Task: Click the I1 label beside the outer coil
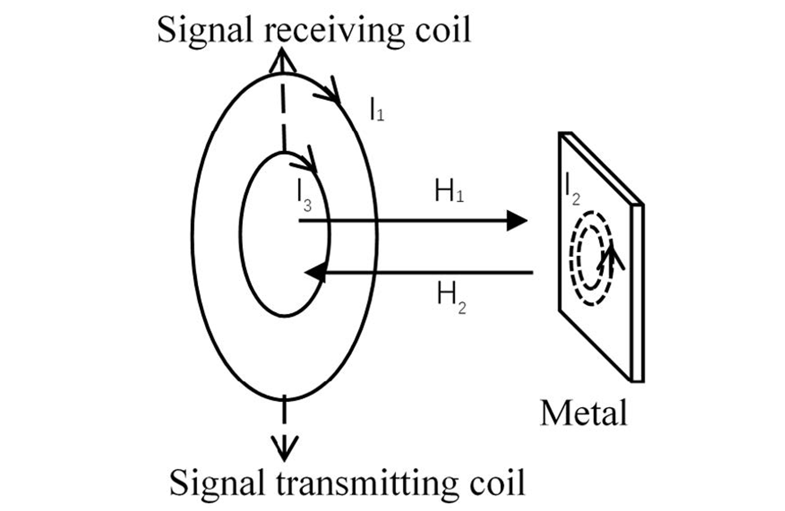[377, 109]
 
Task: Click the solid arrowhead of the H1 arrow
[517, 221]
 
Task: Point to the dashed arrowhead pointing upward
[282, 61]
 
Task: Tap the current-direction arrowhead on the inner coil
[306, 159]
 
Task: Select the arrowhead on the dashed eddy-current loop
[611, 257]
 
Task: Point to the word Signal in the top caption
[204, 32]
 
